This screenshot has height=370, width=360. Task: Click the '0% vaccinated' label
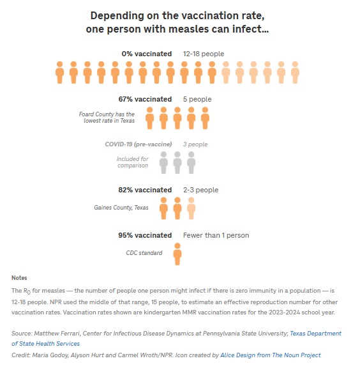click(146, 54)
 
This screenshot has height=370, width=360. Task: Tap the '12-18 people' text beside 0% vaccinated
click(203, 54)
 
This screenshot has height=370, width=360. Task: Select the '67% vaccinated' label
click(145, 99)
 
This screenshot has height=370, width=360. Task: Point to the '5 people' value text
click(197, 99)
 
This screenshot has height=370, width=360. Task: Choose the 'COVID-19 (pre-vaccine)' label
click(138, 144)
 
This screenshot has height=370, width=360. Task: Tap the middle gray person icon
click(177, 162)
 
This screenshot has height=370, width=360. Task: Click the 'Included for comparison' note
click(132, 162)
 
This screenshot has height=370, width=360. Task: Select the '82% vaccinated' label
click(145, 190)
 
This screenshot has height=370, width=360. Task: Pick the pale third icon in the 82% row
click(191, 208)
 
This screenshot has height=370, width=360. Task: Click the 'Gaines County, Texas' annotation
click(121, 208)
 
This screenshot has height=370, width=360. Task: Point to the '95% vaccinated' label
click(145, 235)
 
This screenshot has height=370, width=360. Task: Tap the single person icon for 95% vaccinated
click(177, 253)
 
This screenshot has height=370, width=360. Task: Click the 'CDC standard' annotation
click(144, 253)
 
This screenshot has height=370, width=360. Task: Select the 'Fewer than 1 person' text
click(216, 235)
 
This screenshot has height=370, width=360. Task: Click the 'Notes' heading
click(19, 277)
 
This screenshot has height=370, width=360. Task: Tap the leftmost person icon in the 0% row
click(59, 72)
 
